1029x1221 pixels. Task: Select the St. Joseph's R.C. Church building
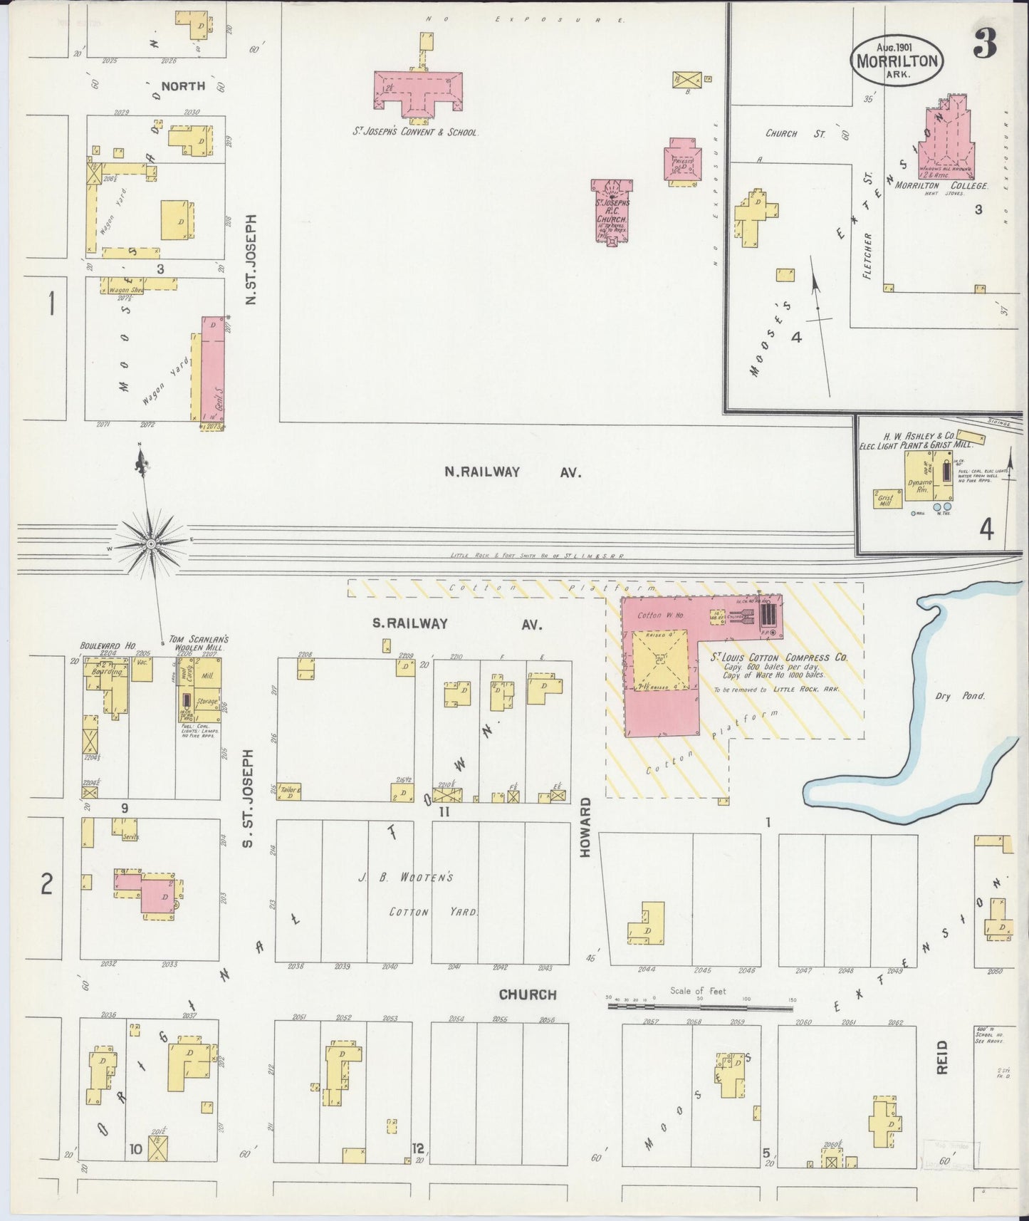click(x=610, y=211)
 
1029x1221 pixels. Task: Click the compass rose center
click(x=151, y=544)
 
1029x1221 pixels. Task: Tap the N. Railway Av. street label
click(x=513, y=472)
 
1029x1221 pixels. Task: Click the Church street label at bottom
click(x=527, y=994)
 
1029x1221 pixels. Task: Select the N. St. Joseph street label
click(x=250, y=261)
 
